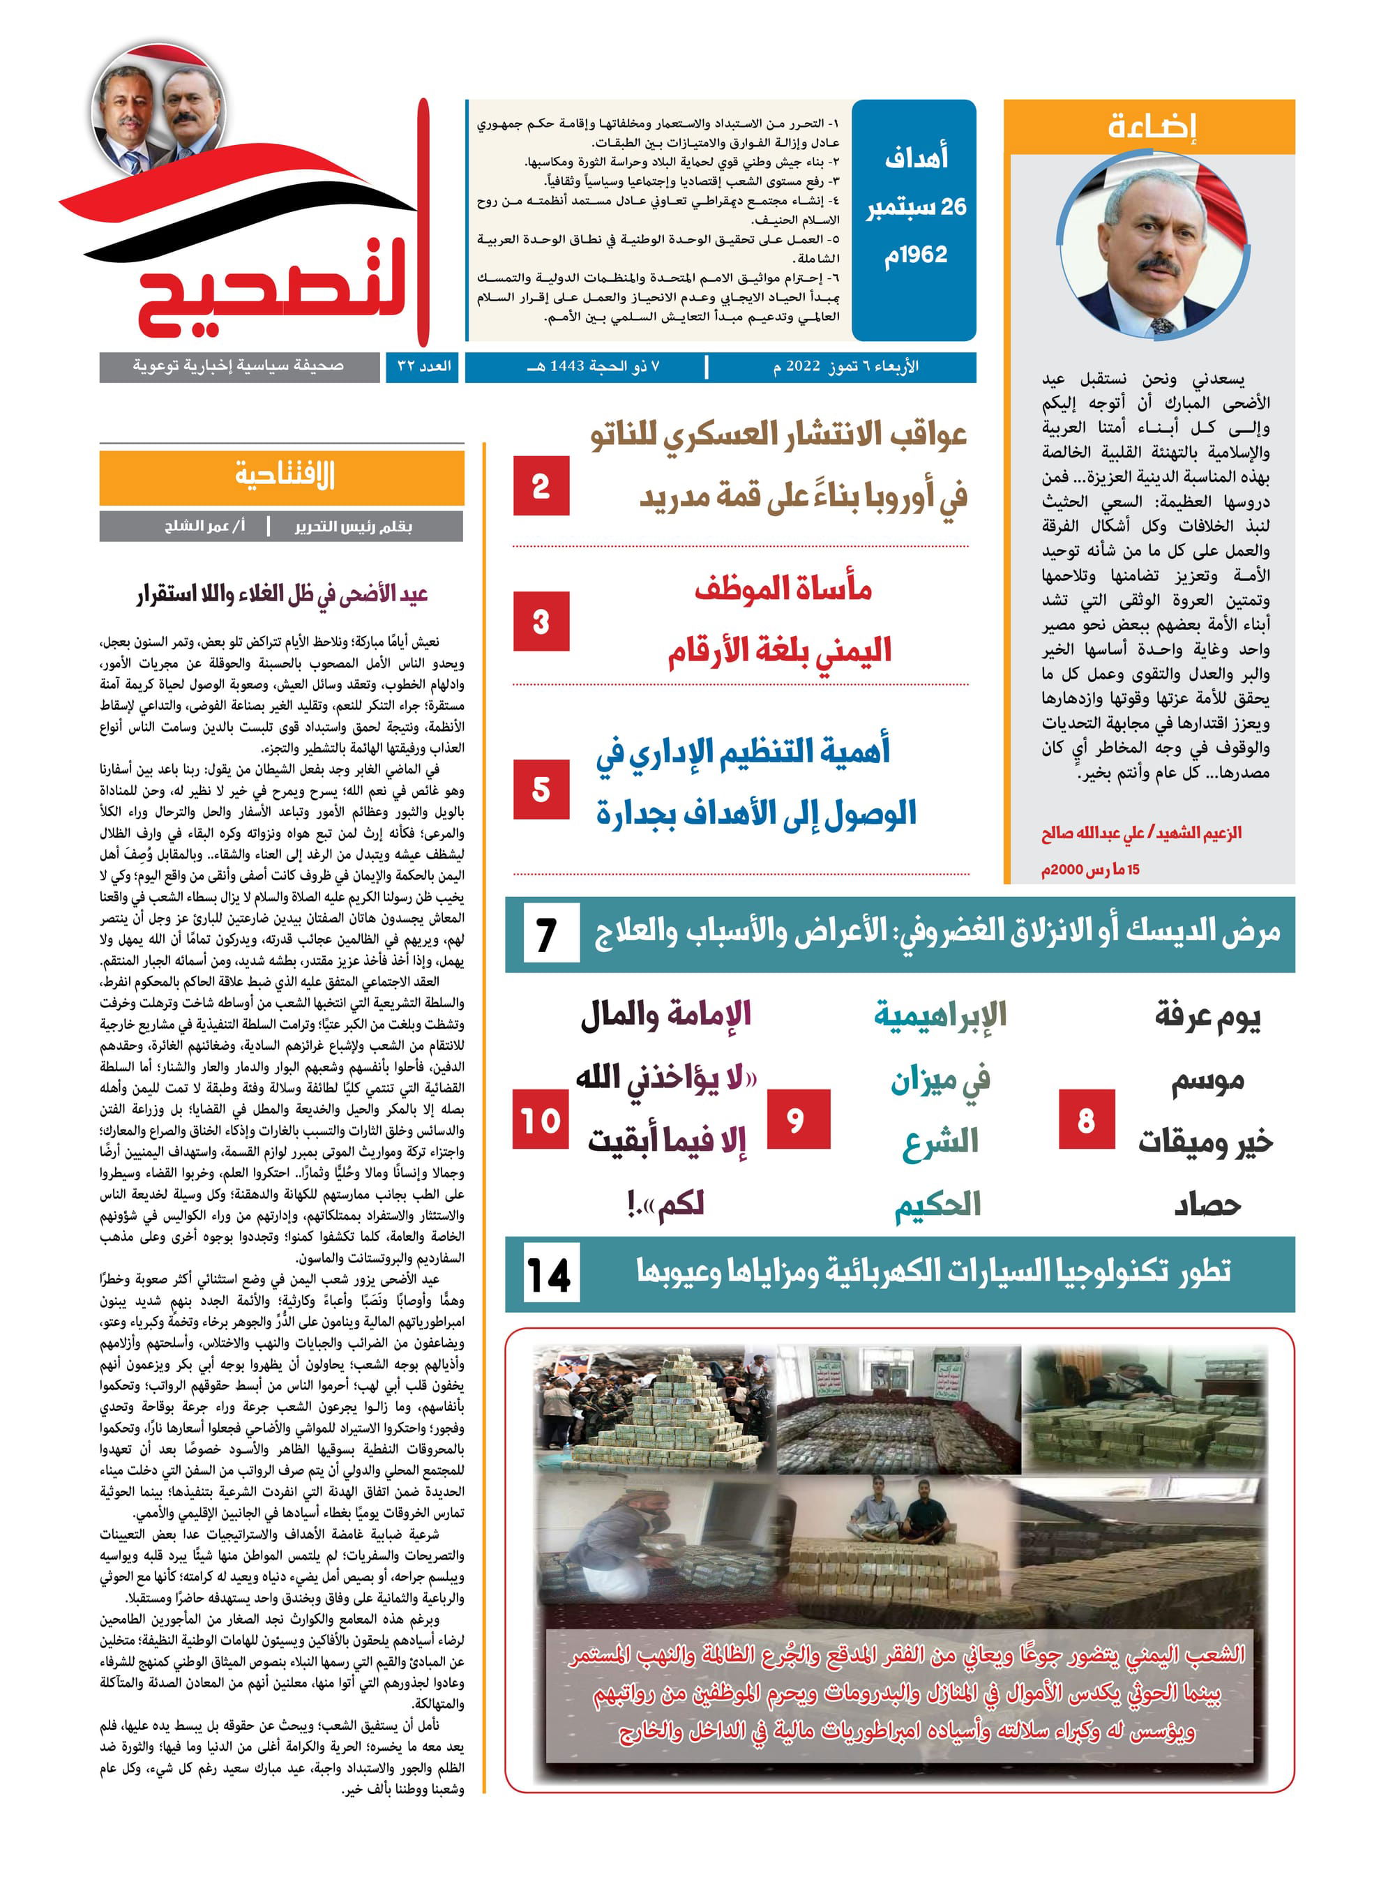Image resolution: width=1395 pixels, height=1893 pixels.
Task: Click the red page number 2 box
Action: coord(541,485)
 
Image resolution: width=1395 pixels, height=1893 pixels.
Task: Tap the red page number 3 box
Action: coord(541,621)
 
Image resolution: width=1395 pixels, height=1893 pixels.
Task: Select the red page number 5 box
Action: coord(541,790)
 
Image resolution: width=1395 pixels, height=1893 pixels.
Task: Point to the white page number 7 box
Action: coord(548,935)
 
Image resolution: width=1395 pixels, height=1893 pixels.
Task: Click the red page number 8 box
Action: coord(1086,1119)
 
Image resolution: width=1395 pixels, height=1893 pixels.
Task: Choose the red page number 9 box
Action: coord(794,1119)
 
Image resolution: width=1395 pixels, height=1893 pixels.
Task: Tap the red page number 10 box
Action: coord(541,1119)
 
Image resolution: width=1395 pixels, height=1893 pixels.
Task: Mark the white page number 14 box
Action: coord(550,1275)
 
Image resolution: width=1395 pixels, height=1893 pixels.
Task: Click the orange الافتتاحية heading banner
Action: coord(282,477)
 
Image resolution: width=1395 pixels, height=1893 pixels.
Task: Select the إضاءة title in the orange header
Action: coord(1151,127)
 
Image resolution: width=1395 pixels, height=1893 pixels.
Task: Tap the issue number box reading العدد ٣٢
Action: coord(424,366)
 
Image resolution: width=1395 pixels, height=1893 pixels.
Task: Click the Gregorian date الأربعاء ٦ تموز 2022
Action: coord(845,366)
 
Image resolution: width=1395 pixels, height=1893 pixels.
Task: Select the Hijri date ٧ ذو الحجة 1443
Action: coord(593,366)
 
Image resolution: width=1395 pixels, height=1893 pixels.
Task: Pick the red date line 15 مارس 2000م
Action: coord(1089,869)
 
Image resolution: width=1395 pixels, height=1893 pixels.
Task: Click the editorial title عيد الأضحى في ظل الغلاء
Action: coord(282,594)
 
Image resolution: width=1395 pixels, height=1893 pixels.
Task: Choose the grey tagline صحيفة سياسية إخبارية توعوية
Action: coord(238,366)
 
